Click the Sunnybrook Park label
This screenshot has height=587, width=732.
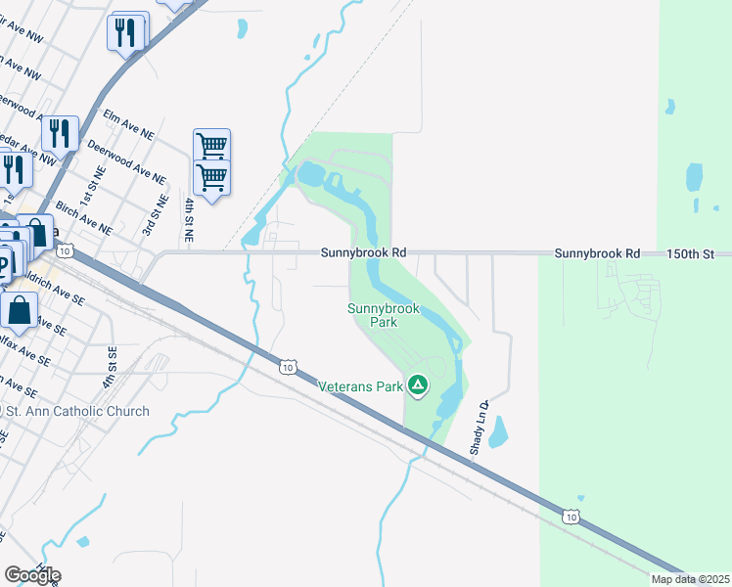click(x=384, y=315)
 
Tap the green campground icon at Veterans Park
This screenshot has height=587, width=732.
click(x=418, y=385)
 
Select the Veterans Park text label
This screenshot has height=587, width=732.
click(x=361, y=386)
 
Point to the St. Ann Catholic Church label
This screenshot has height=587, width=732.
click(x=78, y=411)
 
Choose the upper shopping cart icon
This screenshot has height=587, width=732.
click(x=211, y=146)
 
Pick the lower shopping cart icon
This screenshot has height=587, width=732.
click(x=211, y=177)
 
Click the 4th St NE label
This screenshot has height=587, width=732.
click(x=189, y=220)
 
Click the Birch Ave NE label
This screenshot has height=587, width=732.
click(x=84, y=217)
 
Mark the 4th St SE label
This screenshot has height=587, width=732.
click(x=111, y=364)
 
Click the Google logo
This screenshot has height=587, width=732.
click(x=32, y=575)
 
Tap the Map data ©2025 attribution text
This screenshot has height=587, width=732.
click(x=689, y=579)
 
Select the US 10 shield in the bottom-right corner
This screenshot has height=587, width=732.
click(x=571, y=516)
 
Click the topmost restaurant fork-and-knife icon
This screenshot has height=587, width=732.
click(x=126, y=32)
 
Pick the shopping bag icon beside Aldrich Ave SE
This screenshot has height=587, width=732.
click(x=20, y=310)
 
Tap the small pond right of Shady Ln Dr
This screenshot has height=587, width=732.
click(x=497, y=431)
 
